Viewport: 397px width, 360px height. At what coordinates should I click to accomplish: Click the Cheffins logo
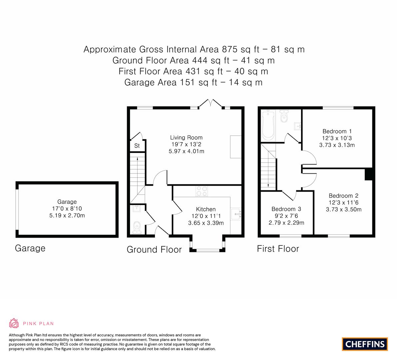click(x=365, y=344)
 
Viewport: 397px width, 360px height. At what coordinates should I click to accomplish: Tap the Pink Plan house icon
click(x=14, y=323)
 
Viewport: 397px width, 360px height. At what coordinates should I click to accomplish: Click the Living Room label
click(x=186, y=137)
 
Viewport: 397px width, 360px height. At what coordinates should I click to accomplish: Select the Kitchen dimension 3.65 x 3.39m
click(x=206, y=223)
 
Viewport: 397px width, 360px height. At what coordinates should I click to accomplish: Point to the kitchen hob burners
click(x=202, y=191)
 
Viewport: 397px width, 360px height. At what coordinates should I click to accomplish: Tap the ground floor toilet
click(x=137, y=227)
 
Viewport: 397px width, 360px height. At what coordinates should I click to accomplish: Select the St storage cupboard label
click(x=137, y=146)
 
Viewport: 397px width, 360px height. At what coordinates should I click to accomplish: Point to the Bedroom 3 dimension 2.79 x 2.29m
click(x=286, y=223)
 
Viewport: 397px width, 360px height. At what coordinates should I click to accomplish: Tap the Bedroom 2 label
click(x=344, y=196)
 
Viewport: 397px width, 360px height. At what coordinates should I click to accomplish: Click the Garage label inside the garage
click(x=67, y=202)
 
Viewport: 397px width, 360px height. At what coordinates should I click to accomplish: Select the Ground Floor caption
click(x=154, y=250)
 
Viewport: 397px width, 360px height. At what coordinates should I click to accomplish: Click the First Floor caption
click(x=278, y=249)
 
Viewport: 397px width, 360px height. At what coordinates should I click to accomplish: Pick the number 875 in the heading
click(x=230, y=49)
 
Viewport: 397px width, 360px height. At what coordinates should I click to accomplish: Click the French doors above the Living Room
click(x=210, y=104)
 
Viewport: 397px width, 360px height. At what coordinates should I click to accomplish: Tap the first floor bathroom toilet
click(x=284, y=116)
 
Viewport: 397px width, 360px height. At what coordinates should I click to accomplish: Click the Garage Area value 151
click(x=187, y=83)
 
